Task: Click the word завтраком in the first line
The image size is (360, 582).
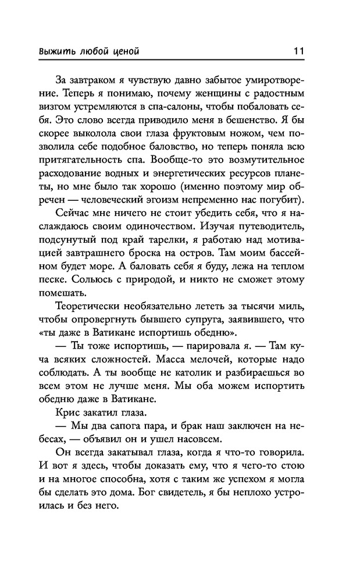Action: (101, 79)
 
